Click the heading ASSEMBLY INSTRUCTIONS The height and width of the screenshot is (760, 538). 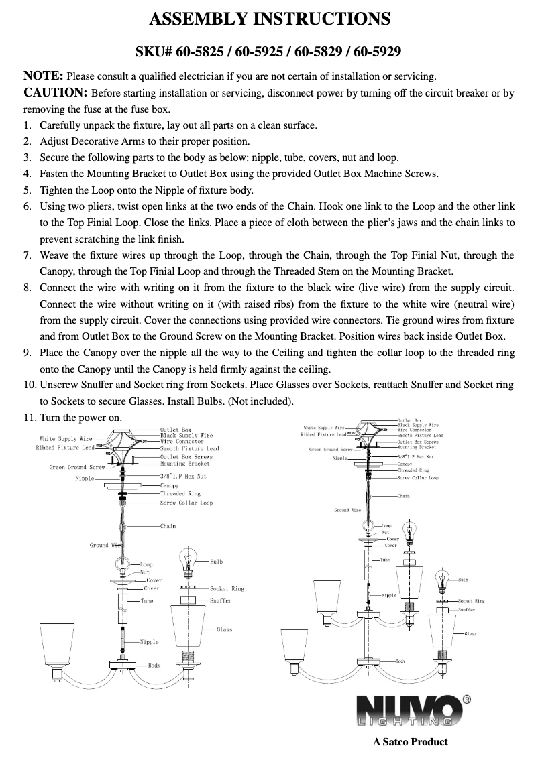pos(269,19)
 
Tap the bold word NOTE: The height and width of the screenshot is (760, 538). pos(44,74)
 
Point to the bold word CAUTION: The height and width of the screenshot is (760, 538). pos(56,92)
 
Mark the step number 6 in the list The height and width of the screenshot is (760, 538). pos(27,207)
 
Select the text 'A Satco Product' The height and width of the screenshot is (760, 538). pos(410,741)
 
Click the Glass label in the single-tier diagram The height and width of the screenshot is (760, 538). pos(224,629)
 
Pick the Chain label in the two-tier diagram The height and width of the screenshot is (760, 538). pos(403,496)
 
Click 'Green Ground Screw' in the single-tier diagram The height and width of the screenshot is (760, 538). pos(76,467)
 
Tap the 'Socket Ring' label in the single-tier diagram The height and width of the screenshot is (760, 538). pos(227,588)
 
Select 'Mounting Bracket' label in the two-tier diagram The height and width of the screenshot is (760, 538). pos(417,447)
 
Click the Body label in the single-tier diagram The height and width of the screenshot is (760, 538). pos(154,665)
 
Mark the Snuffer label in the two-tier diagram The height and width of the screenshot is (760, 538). pos(466,609)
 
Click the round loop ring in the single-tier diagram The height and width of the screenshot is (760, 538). pos(122,564)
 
